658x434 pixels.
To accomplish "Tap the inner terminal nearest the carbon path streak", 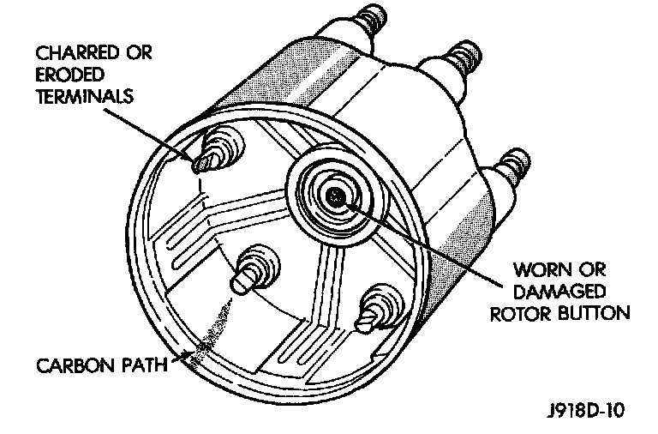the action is tap(248, 273).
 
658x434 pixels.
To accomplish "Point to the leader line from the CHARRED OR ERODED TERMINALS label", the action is tap(163, 130).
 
